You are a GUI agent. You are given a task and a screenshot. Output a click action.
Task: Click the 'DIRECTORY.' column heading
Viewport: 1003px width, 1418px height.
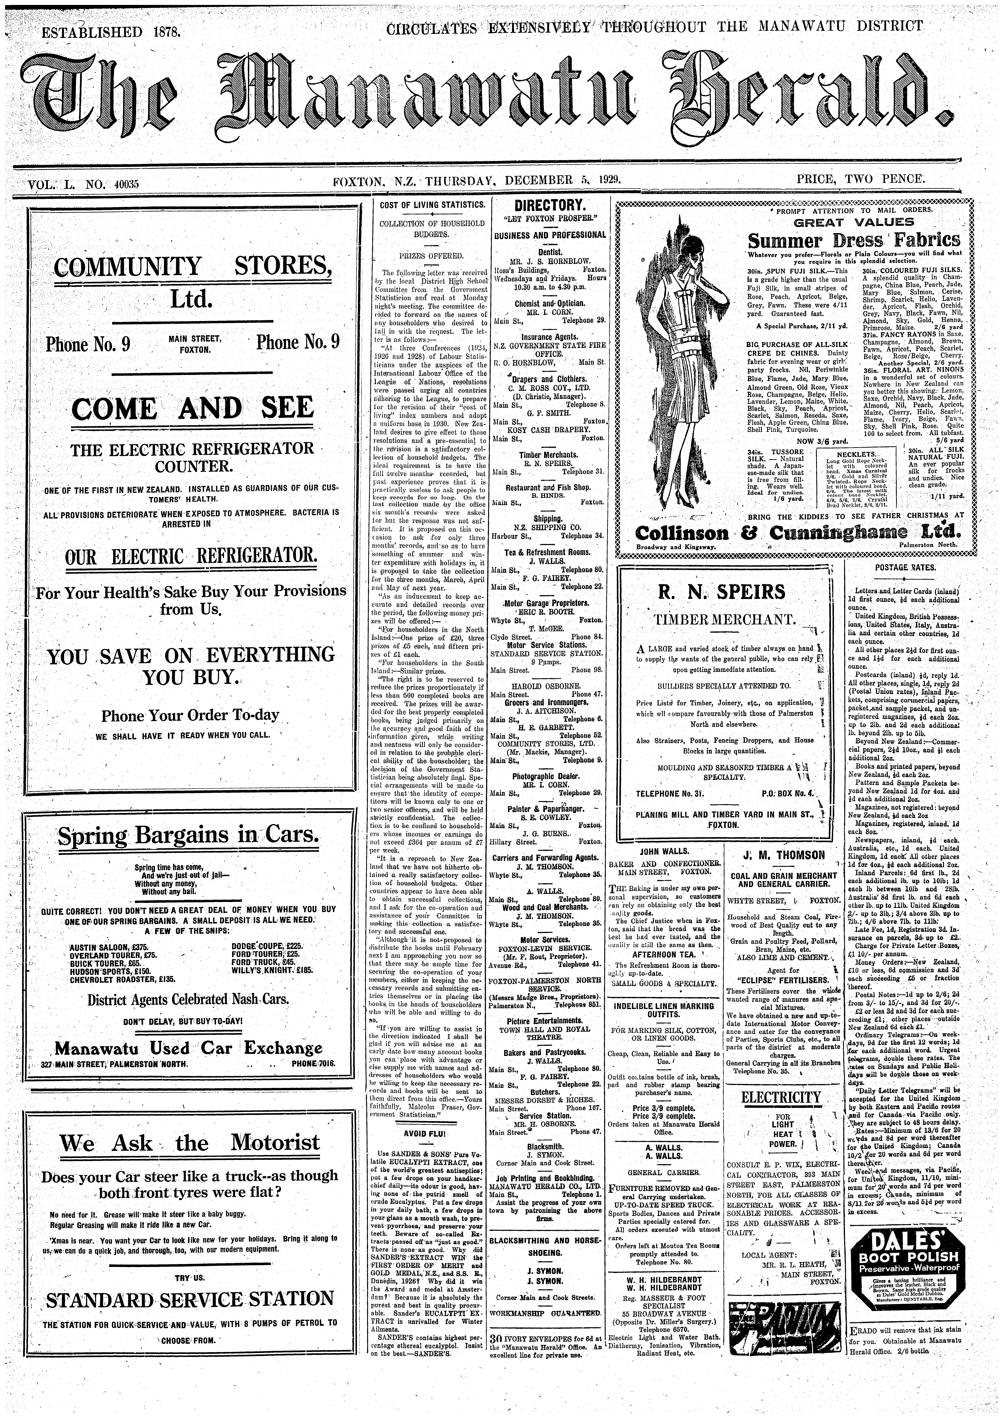click(550, 206)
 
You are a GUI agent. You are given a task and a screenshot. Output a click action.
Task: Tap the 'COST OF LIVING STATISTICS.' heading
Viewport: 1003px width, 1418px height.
click(431, 204)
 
